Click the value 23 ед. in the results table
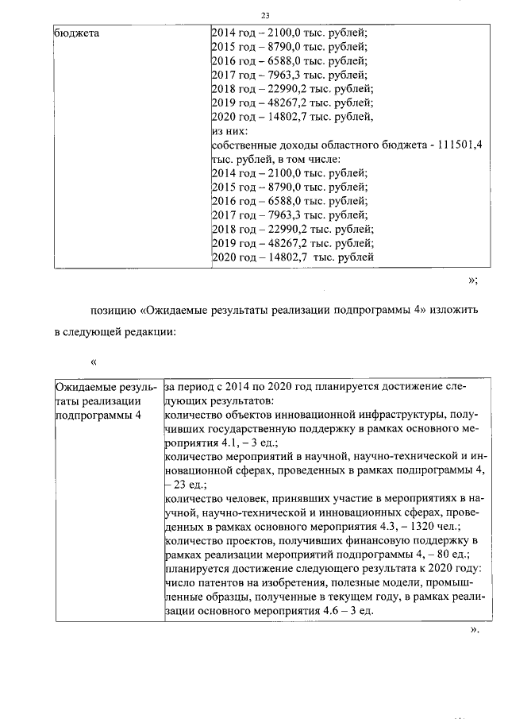pos(190,484)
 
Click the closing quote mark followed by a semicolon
pos(473,279)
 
